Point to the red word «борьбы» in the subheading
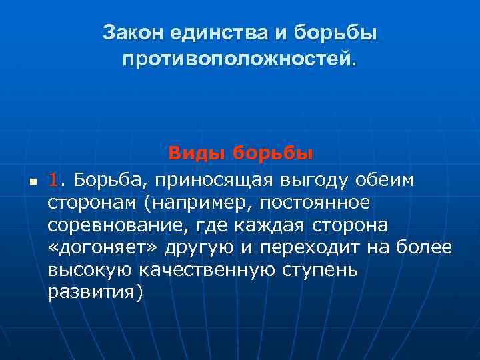click(273, 154)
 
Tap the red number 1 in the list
click(54, 179)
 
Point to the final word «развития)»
click(95, 294)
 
